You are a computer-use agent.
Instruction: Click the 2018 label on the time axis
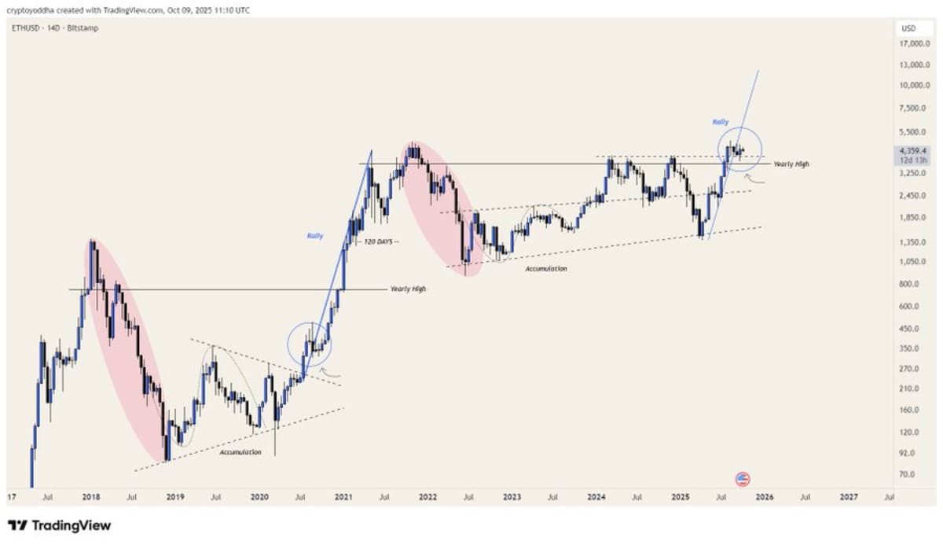(90, 497)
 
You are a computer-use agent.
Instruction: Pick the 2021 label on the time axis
(343, 497)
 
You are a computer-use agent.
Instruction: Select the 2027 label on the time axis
(849, 497)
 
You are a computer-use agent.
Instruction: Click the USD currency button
(908, 28)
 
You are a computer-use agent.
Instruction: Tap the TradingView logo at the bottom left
(60, 525)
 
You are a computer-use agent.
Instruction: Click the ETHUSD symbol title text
(28, 28)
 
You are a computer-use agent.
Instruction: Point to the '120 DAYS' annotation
(379, 241)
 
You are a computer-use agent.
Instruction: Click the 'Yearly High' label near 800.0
(408, 289)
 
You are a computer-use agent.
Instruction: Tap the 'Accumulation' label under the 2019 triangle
(240, 452)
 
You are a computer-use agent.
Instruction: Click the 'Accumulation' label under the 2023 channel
(545, 269)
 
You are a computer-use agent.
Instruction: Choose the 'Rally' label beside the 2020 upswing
(315, 235)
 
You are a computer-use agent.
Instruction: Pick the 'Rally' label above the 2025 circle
(720, 122)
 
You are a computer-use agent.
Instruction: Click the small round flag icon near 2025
(743, 478)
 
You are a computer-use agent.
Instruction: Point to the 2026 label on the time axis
(765, 497)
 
